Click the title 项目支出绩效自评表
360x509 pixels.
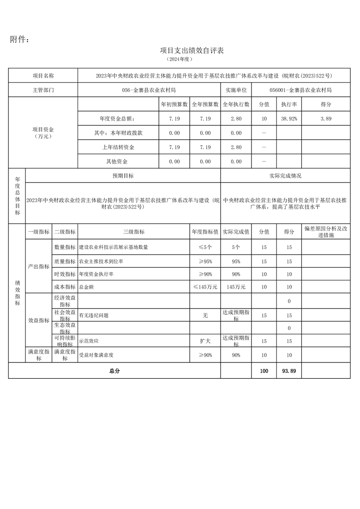pos(192,50)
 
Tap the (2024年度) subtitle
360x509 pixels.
pos(180,59)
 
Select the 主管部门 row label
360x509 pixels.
pos(43,90)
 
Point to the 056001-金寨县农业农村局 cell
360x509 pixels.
pos(301,90)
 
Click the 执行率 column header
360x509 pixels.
pos(289,104)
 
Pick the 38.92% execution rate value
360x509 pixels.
pos(289,118)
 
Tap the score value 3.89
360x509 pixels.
pos(326,118)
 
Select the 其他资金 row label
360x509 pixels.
pos(117,162)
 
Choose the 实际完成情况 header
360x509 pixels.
pos(285,176)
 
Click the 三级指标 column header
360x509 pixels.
pos(133,232)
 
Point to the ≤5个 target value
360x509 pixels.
pos(205,247)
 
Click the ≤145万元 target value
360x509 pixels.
pos(205,287)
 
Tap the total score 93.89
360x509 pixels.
pos(289,371)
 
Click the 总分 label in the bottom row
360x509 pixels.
pos(114,371)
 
